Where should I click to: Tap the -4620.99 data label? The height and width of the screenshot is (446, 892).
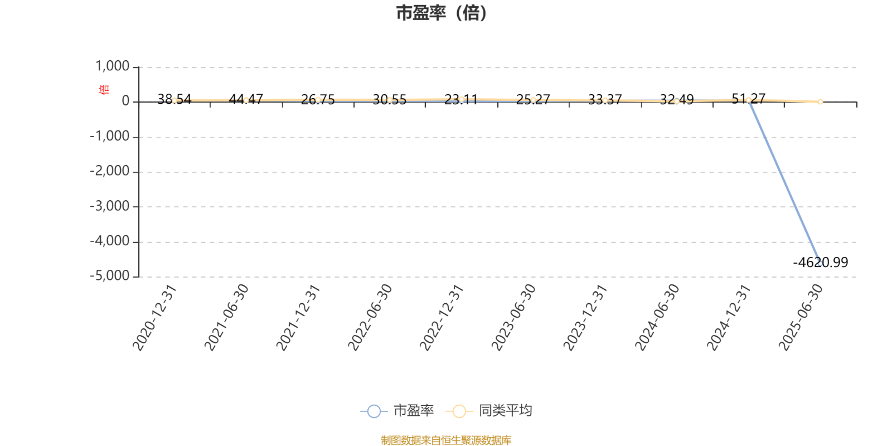click(x=820, y=263)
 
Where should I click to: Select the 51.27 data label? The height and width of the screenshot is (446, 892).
click(x=748, y=98)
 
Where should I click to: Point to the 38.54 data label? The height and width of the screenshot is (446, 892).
click(x=174, y=99)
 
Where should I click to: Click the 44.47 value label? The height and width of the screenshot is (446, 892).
click(x=246, y=99)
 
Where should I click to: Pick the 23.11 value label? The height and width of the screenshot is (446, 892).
click(x=461, y=99)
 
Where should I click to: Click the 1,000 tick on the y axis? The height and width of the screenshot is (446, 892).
click(x=112, y=66)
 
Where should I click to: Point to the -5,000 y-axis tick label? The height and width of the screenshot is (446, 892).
click(x=109, y=275)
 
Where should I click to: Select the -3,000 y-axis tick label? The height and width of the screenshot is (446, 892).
click(x=109, y=206)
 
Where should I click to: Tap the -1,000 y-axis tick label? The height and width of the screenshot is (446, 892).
click(x=109, y=136)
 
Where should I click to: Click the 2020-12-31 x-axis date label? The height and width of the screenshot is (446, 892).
click(x=154, y=318)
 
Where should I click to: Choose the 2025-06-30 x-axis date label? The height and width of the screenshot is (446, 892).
click(x=801, y=318)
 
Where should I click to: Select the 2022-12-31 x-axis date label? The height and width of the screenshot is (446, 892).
click(x=442, y=318)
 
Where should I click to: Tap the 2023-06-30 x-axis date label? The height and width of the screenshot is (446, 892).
click(x=513, y=318)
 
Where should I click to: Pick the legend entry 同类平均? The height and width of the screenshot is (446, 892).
click(x=488, y=410)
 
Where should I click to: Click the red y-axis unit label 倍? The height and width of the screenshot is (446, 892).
click(x=104, y=89)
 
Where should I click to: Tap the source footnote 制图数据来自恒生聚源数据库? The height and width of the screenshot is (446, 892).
click(x=446, y=440)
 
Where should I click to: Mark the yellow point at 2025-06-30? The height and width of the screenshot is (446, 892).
click(x=820, y=102)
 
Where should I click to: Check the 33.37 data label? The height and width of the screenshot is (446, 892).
click(x=605, y=99)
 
